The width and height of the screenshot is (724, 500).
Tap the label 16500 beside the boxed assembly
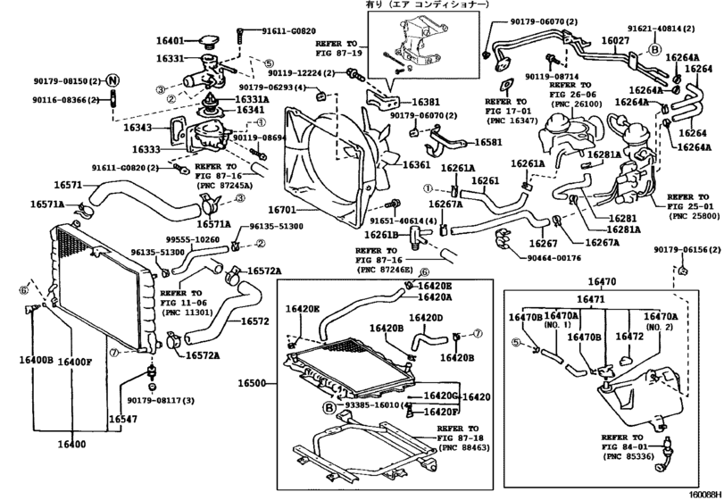[x=254, y=383]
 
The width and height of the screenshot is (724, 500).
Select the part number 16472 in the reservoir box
[x=630, y=337]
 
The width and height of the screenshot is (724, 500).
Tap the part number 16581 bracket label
[x=487, y=142]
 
